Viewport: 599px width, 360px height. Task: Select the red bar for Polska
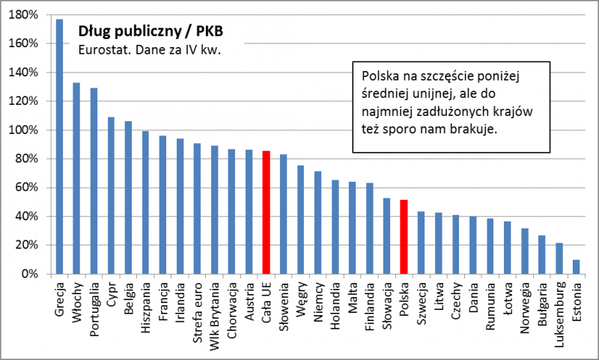pyautogui.click(x=404, y=237)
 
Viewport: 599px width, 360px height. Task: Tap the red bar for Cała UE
pyautogui.click(x=266, y=213)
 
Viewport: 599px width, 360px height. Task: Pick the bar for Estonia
pyautogui.click(x=576, y=267)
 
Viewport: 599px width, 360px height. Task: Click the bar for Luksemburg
pyautogui.click(x=559, y=258)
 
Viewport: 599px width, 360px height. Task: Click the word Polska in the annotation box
pyautogui.click(x=380, y=76)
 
